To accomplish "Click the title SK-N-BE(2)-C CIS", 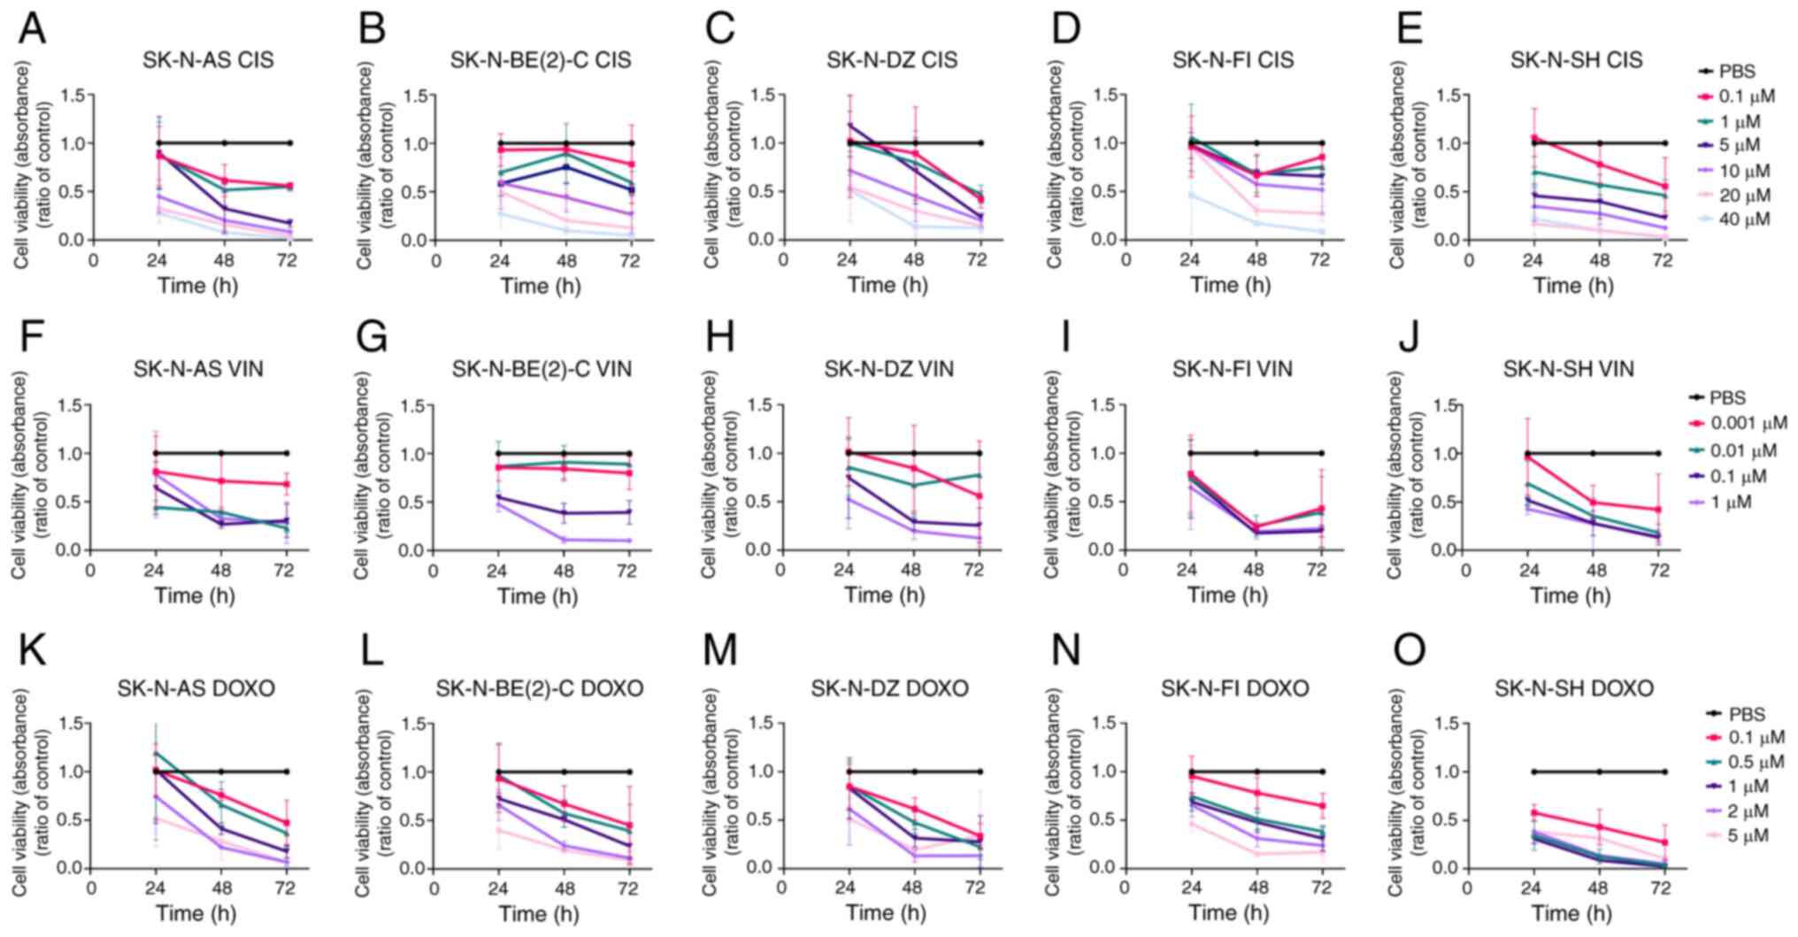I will point(541,61).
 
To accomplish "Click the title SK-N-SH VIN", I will point(1568,370).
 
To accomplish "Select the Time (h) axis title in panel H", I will point(884,595).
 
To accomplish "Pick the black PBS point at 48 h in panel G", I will point(564,454).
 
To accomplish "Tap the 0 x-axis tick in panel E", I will point(1469,261).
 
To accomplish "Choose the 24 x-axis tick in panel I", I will point(1189,572).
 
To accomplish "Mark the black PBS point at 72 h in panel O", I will point(1664,772).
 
